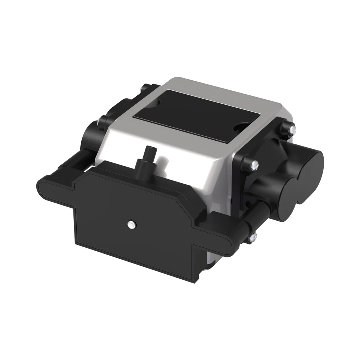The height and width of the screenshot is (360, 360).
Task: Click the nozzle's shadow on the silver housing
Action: tap(162, 164)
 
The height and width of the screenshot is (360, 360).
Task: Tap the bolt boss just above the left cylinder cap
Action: tap(103, 121)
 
